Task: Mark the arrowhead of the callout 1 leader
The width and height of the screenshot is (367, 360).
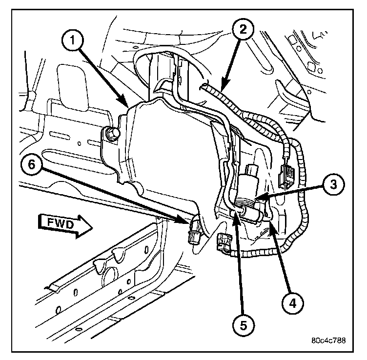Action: (127, 106)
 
